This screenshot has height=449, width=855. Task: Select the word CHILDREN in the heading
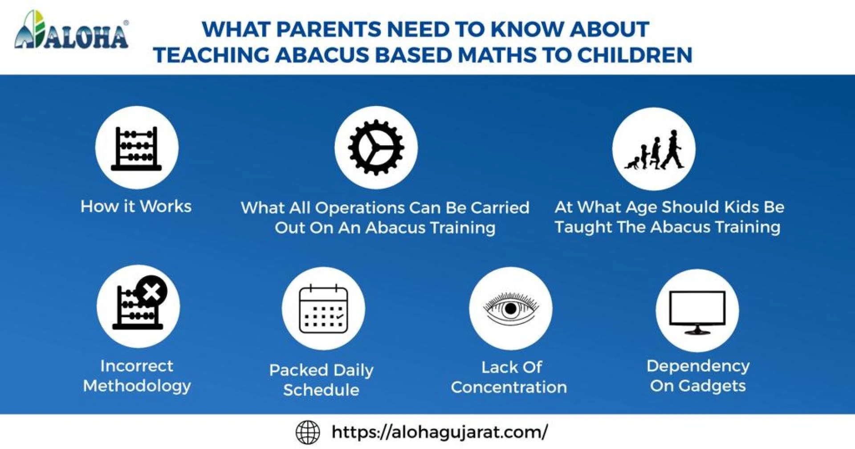tap(635, 55)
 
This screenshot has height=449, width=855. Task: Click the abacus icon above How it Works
tap(136, 148)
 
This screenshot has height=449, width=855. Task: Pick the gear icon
tap(376, 147)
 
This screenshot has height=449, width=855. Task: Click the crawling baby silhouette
tap(632, 163)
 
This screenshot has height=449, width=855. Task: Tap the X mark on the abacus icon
tap(152, 292)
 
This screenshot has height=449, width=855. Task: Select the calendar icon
tap(323, 309)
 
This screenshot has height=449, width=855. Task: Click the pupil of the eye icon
tap(511, 308)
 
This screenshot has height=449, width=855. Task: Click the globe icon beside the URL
tap(308, 432)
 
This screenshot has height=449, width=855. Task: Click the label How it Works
tap(136, 206)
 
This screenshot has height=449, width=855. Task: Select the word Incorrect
tap(137, 366)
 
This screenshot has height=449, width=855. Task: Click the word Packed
tap(299, 370)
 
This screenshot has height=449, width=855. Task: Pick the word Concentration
tap(509, 387)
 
